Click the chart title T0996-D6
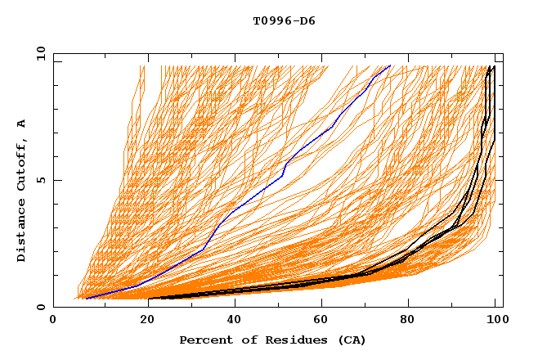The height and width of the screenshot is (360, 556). click(284, 20)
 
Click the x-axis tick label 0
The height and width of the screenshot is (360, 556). click(53, 321)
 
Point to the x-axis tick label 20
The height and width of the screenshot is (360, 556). click(142, 321)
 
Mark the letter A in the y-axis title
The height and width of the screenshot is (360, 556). click(22, 124)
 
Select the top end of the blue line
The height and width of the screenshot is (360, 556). click(390, 65)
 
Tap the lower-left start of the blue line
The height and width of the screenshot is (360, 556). click(86, 299)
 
